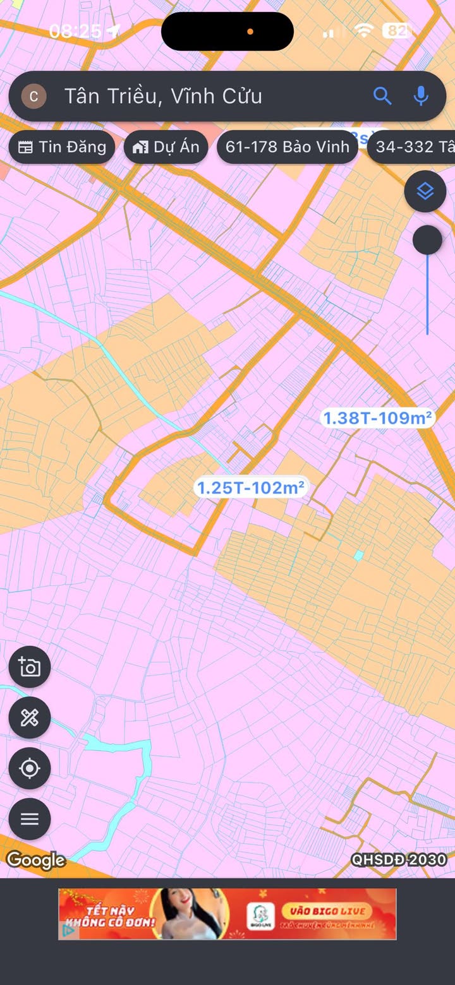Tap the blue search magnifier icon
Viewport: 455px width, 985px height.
(382, 96)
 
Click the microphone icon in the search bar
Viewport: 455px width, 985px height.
(421, 96)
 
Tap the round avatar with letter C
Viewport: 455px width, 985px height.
(34, 96)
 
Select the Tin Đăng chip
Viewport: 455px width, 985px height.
(62, 147)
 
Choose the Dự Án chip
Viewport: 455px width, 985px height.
(166, 147)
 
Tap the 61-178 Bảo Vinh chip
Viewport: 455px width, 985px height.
(288, 147)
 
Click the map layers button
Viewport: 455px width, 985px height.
(425, 191)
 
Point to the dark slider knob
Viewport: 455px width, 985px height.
(428, 241)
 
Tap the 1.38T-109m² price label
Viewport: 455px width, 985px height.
(377, 418)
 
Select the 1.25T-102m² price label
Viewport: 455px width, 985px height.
(251, 488)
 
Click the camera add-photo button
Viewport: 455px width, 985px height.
(30, 667)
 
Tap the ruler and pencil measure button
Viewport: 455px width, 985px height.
(30, 717)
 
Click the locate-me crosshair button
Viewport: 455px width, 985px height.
(30, 768)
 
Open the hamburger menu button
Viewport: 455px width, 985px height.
(30, 819)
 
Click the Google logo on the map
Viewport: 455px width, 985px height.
(36, 861)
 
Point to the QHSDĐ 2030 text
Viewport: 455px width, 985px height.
(399, 860)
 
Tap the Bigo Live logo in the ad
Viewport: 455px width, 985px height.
(261, 913)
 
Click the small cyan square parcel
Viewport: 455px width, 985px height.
(359, 555)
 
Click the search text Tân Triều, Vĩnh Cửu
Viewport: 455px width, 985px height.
(163, 96)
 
